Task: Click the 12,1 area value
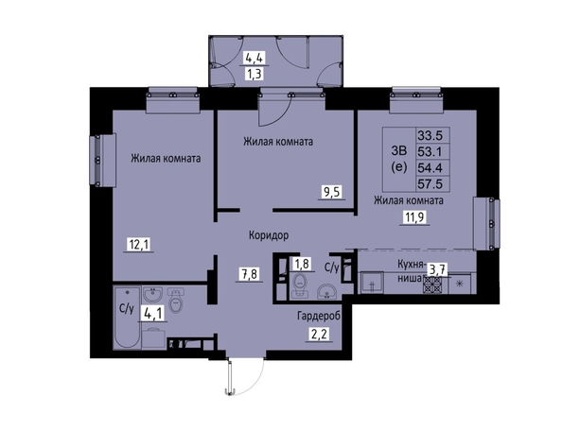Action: pos(139,245)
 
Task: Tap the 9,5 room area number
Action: pos(332,192)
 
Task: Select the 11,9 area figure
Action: pos(414,217)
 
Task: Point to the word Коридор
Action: pos(269,235)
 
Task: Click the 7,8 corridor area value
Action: pos(250,275)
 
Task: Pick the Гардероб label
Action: pos(319,316)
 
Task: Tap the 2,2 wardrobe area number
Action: pos(319,335)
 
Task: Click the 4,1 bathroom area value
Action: pos(153,314)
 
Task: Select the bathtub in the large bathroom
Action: pos(127,318)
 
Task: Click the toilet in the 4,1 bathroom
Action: pos(176,302)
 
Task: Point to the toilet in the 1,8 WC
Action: pos(299,284)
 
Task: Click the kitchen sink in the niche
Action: pos(372,283)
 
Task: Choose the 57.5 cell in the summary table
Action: pos(430,184)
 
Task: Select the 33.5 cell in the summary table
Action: pos(430,136)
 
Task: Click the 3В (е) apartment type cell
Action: pos(399,160)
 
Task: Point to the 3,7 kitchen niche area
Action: pos(436,269)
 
